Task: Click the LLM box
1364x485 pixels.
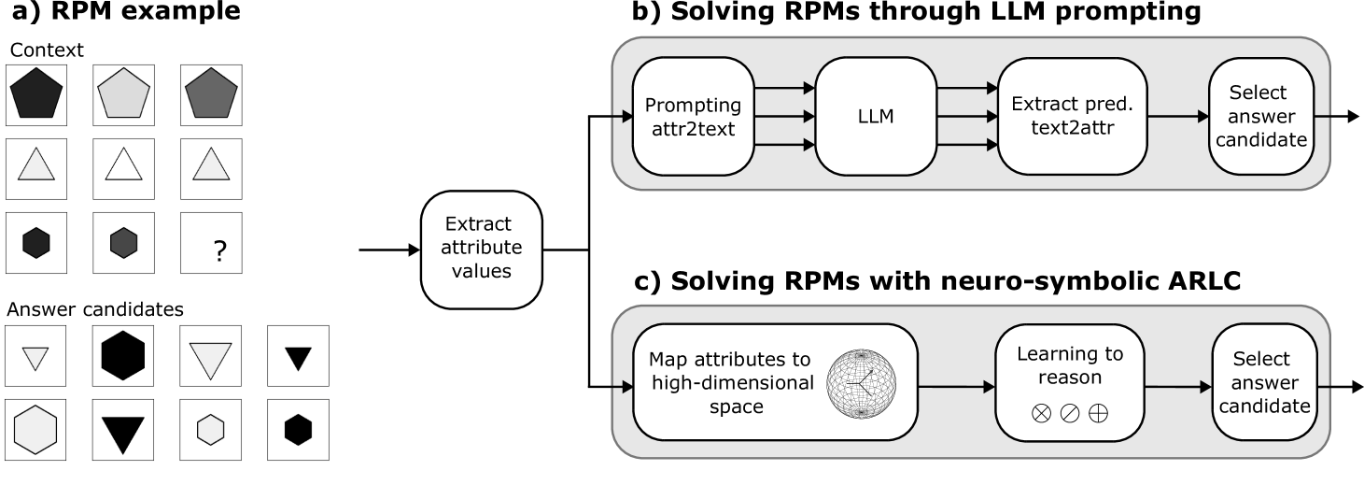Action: [x=875, y=116]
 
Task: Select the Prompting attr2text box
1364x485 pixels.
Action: [x=693, y=116]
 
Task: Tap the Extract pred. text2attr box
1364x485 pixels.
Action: [x=1058, y=116]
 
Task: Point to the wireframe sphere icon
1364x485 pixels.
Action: [x=861, y=384]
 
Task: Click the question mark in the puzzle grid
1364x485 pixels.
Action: [x=219, y=250]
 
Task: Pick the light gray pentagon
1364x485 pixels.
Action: [x=124, y=94]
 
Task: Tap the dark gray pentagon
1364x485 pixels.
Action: [x=211, y=94]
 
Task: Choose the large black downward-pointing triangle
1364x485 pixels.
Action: [x=123, y=433]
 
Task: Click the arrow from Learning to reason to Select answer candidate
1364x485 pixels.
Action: [x=1176, y=386]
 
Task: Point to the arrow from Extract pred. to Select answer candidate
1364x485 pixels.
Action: [x=1177, y=117]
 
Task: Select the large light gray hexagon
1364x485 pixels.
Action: [x=36, y=430]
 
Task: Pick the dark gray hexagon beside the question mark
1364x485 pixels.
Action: [x=123, y=243]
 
